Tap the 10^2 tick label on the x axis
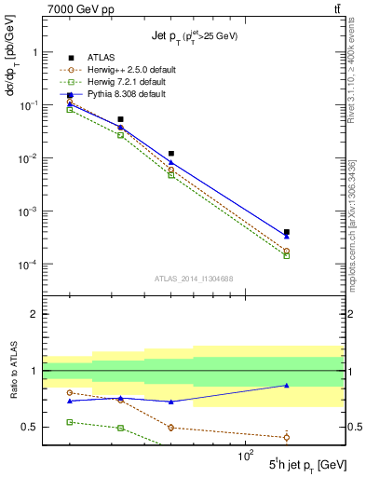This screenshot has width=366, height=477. (247, 455)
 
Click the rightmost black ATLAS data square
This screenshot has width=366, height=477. (286, 232)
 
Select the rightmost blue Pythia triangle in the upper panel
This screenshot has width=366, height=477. (286, 237)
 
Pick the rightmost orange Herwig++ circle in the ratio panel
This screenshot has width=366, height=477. (286, 437)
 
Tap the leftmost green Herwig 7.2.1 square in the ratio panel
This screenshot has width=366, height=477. (70, 422)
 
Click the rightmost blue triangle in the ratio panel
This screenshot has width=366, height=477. (286, 385)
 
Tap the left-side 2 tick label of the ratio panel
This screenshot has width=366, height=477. (34, 314)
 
